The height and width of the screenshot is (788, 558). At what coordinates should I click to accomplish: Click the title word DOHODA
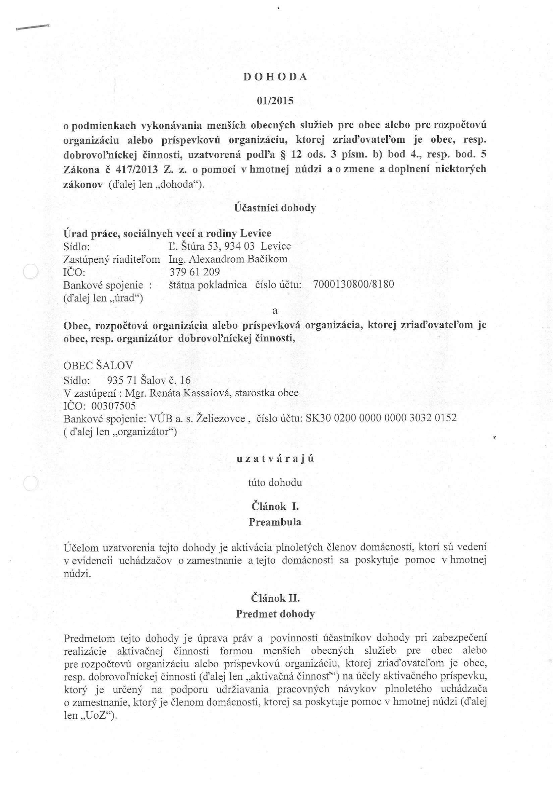point(275,77)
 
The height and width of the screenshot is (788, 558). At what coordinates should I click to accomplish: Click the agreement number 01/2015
point(275,101)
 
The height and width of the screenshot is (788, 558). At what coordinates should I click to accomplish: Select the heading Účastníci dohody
point(275,208)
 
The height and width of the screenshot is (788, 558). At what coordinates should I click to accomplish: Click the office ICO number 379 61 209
point(194,272)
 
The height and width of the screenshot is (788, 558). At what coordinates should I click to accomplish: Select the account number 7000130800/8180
point(353,284)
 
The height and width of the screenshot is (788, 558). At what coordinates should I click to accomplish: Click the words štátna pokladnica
point(208,284)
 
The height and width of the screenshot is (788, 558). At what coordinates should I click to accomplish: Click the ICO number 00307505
point(114,406)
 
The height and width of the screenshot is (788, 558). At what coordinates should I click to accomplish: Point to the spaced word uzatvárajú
point(275,459)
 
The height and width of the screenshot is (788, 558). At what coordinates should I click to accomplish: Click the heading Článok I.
point(275,506)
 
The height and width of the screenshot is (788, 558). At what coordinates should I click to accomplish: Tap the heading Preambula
point(275,522)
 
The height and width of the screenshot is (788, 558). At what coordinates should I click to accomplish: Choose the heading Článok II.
point(275,598)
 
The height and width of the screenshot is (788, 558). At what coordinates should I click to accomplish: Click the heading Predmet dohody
point(275,614)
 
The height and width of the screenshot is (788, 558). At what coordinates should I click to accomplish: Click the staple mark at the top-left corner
point(32,28)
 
